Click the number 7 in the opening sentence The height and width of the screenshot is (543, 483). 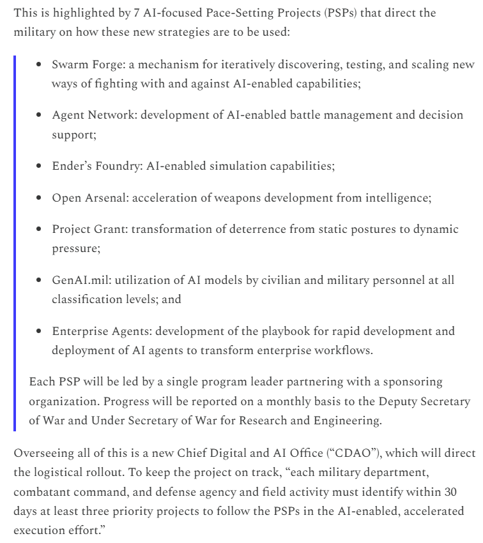point(126,12)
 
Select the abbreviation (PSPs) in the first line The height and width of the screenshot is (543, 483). point(322,12)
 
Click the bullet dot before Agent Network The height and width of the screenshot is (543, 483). point(39,115)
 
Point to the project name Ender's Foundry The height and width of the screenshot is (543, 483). point(96,165)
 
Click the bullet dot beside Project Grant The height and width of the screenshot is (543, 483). point(39,229)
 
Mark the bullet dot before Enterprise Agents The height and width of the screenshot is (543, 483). point(39,331)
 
